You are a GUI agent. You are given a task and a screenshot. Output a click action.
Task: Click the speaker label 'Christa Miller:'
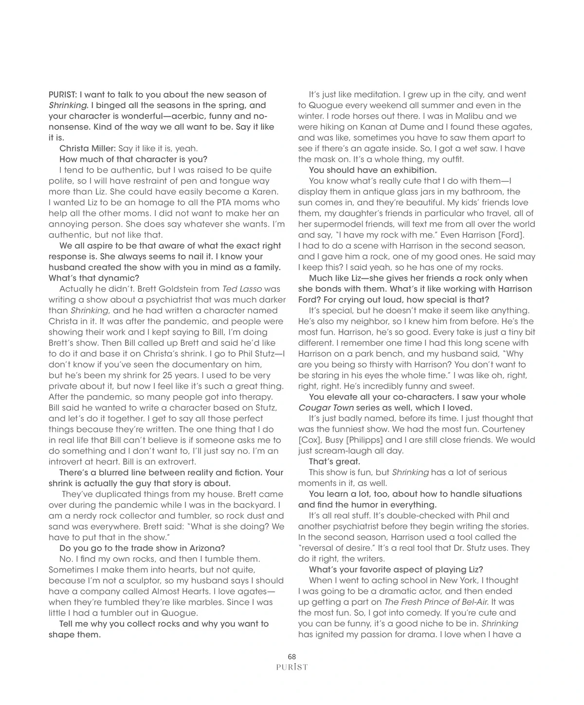pyautogui.click(x=88, y=148)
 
